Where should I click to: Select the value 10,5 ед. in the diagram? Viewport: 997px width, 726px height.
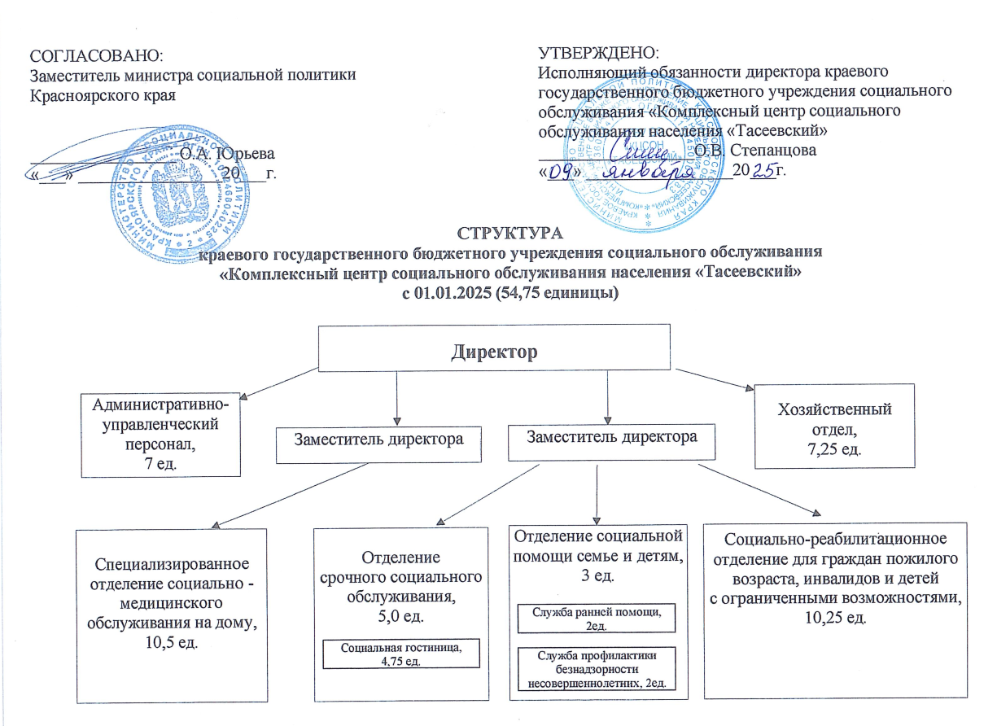[x=172, y=643]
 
